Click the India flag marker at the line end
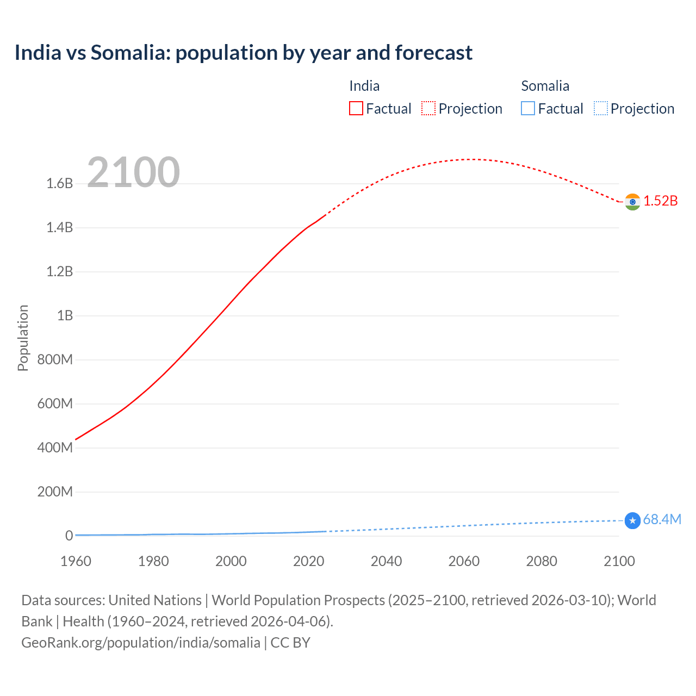632,202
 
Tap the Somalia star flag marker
632,520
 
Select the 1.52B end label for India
661,201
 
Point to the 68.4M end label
662,520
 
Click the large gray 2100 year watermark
133,172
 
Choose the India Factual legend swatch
356,109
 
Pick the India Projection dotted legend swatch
428,109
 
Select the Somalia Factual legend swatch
527,109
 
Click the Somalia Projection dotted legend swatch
600,109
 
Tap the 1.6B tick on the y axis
60,184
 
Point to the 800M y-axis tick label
55,360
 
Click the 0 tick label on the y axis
69,536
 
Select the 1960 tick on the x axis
76,561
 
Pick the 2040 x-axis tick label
386,561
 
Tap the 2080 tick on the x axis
542,561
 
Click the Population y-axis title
23,338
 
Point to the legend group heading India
364,86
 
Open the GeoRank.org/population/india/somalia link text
141,643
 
